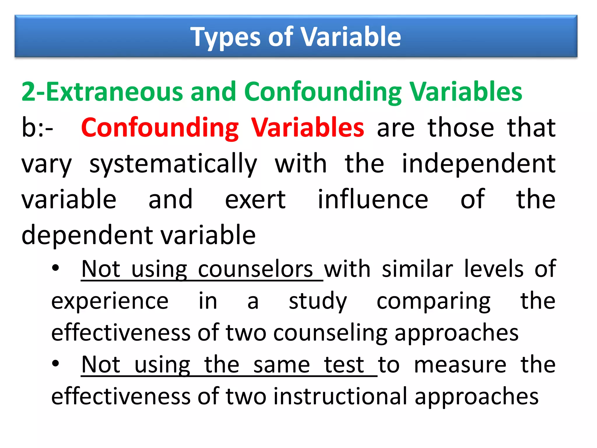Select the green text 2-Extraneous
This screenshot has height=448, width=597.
click(102, 92)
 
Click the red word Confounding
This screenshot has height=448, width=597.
click(160, 127)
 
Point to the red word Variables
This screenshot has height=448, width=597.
click(308, 127)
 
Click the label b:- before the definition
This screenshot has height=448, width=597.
click(37, 127)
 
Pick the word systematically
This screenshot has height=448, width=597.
click(173, 164)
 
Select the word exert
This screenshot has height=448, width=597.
click(255, 199)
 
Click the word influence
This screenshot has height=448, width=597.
click(373, 199)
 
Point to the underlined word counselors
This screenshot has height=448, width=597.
click(255, 269)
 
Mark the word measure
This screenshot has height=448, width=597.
click(460, 365)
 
